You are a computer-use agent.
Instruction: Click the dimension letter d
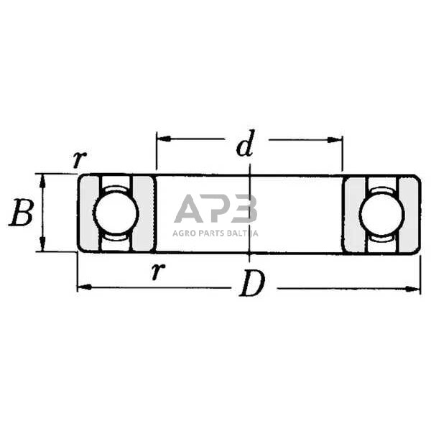(x=246, y=144)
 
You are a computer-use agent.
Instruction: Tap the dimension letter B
(x=22, y=213)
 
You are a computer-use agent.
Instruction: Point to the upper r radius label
(x=80, y=159)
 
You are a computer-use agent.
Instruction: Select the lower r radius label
(x=158, y=271)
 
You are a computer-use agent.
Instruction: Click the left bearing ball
(x=116, y=213)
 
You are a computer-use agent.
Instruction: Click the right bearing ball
(x=382, y=213)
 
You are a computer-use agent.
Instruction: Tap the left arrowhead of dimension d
(x=164, y=139)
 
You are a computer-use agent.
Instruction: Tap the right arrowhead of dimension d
(x=335, y=140)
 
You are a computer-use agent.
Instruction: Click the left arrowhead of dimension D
(x=85, y=287)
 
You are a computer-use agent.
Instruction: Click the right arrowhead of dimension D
(x=413, y=289)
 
